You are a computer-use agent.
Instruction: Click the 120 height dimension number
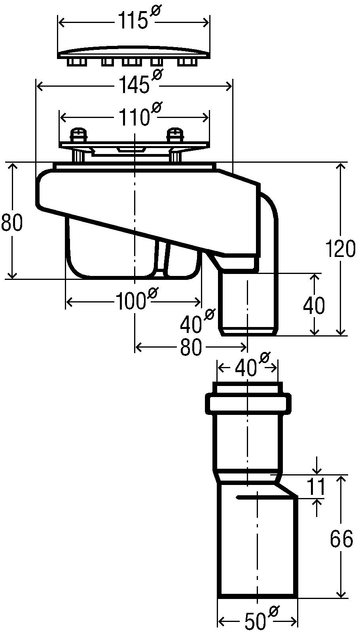pos(340,249)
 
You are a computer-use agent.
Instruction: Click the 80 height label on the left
pos(11,222)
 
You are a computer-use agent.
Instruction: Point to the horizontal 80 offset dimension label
pos(191,347)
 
